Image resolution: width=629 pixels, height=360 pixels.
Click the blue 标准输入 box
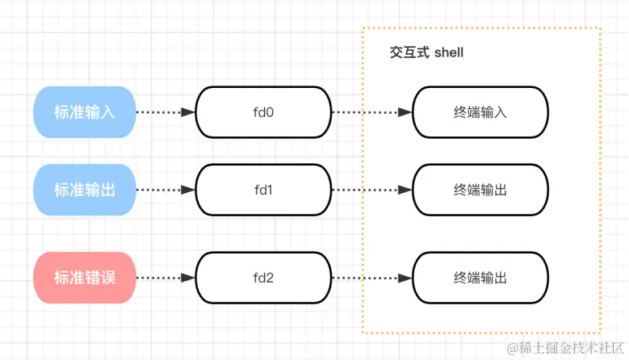84,112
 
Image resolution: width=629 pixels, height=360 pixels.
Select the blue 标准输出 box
84,190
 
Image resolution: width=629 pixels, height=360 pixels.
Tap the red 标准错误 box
84,278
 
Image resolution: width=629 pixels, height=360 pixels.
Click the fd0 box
264,112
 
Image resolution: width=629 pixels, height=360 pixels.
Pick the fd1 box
264,190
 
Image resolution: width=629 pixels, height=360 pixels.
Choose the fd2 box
264,278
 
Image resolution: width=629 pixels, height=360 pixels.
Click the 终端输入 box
480,112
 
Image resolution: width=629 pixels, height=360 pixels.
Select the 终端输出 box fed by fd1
480,190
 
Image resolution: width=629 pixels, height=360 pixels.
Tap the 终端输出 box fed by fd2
480,278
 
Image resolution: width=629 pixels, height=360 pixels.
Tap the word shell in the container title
449,52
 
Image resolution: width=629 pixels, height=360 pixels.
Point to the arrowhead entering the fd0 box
190,112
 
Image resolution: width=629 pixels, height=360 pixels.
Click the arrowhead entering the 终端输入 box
406,112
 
